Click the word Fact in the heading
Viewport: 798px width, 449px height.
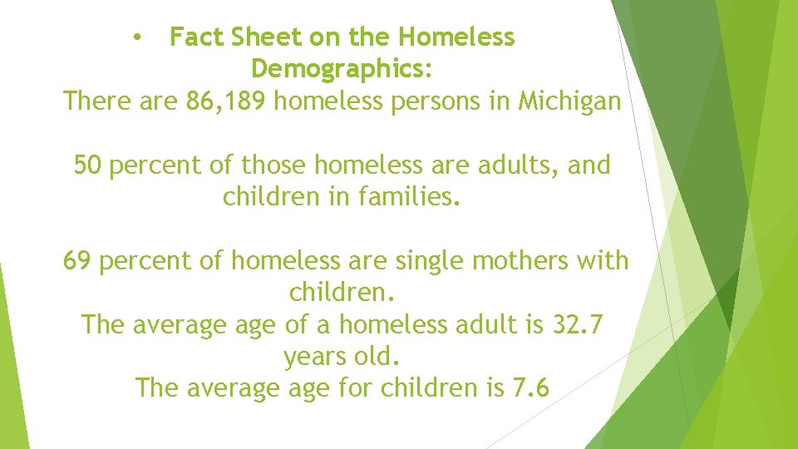tap(197, 37)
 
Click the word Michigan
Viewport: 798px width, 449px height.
tap(569, 101)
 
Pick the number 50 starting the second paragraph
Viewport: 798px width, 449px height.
tap(87, 165)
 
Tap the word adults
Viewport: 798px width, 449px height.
tap(517, 165)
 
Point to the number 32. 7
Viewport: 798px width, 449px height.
tap(578, 325)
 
